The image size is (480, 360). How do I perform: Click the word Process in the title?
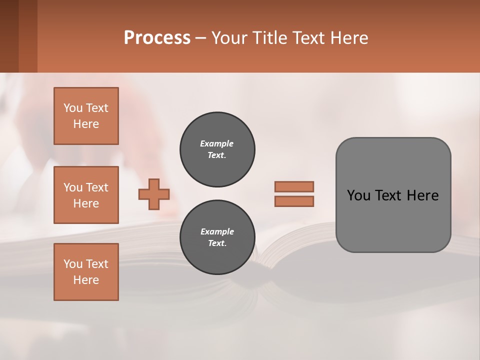pyautogui.click(x=157, y=38)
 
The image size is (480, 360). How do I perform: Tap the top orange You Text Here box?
pyautogui.click(x=86, y=116)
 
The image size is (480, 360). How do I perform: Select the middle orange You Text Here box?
pyautogui.click(x=86, y=195)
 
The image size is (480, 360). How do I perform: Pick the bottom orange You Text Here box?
pyautogui.click(x=86, y=272)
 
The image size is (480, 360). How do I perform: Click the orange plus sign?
pyautogui.click(x=154, y=194)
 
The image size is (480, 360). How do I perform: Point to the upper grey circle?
pyautogui.click(x=217, y=149)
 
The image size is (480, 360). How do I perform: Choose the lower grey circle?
pyautogui.click(x=217, y=237)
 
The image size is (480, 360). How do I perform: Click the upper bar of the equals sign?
pyautogui.click(x=294, y=186)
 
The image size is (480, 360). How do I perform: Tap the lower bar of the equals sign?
pyautogui.click(x=294, y=201)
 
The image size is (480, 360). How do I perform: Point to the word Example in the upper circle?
pyautogui.click(x=217, y=143)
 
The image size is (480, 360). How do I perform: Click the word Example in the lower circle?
pyautogui.click(x=217, y=231)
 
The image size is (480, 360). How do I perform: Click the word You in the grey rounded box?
pyautogui.click(x=359, y=195)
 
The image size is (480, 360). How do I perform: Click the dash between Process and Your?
pyautogui.click(x=200, y=38)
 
